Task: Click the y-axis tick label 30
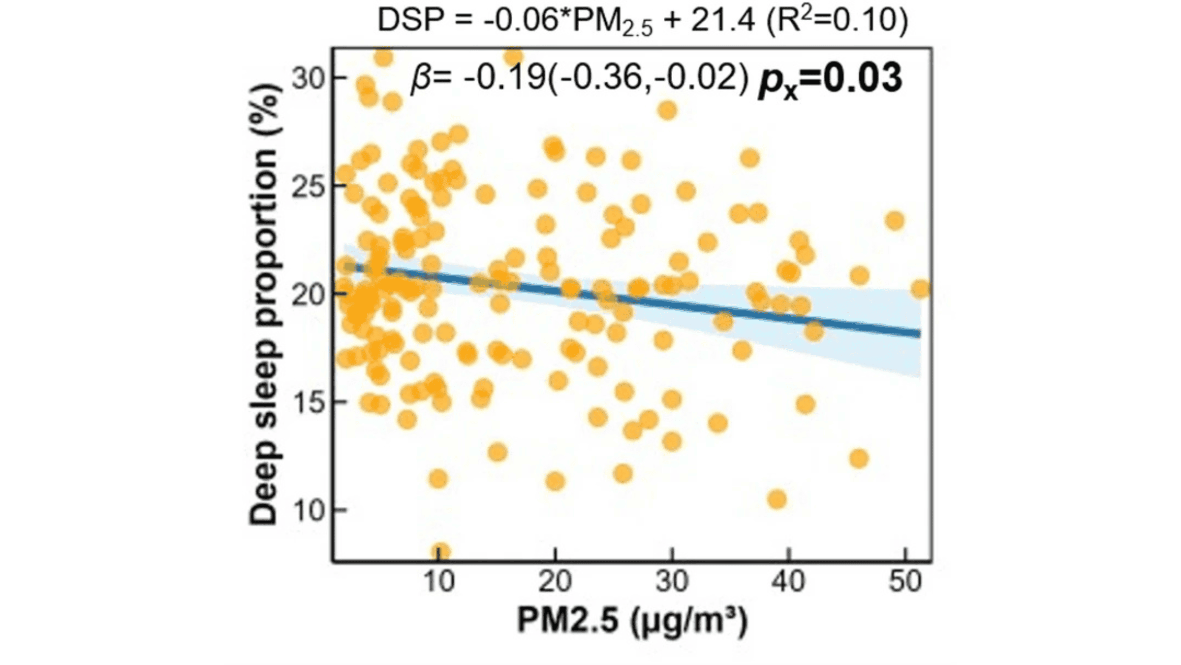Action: pos(309,78)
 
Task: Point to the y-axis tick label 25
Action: pos(309,186)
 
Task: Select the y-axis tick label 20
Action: pos(309,294)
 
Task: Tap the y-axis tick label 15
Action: pos(309,402)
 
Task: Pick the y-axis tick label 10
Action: pos(309,510)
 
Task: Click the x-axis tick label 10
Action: pos(439,582)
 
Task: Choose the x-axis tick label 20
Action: pos(555,582)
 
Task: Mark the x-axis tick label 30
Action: pos(672,582)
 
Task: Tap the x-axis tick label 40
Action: pos(789,582)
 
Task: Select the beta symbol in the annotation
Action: pos(421,79)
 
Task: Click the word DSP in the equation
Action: pos(411,21)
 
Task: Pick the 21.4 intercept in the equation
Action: pos(722,21)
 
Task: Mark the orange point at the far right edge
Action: pos(920,289)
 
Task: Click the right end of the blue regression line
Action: pos(918,334)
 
